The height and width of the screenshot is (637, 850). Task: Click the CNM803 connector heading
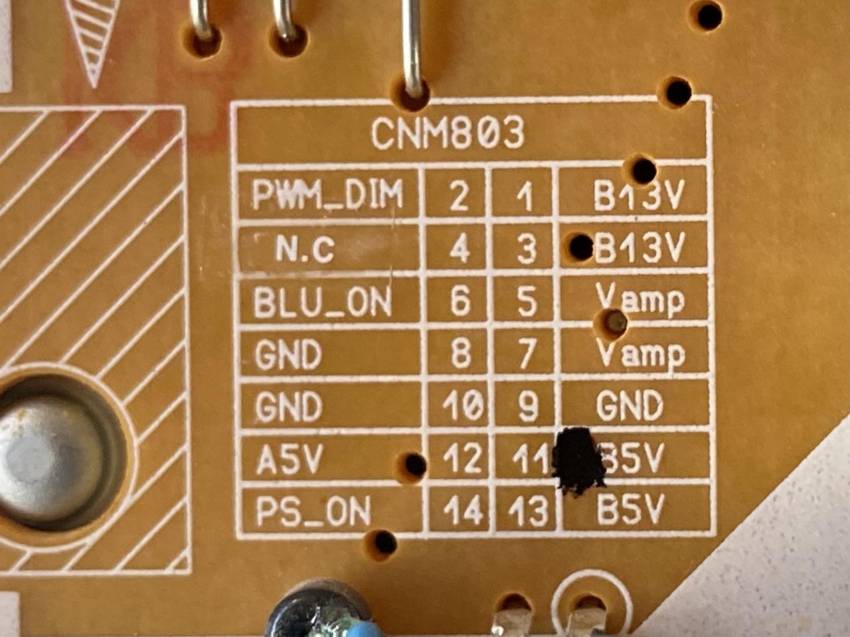[x=448, y=133]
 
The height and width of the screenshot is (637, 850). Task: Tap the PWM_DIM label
[x=328, y=195]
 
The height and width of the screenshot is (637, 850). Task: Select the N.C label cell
[x=305, y=251]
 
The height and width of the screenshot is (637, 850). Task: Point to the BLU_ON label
[x=323, y=303]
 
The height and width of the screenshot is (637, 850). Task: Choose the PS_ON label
[x=313, y=512]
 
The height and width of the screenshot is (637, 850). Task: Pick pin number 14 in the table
[x=462, y=512]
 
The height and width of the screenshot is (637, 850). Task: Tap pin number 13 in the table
[x=529, y=512]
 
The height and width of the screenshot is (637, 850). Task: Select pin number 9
[x=528, y=407]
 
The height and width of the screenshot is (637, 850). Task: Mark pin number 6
[x=460, y=303]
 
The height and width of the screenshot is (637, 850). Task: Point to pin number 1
[x=525, y=197]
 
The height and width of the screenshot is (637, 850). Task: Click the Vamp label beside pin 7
[x=640, y=354]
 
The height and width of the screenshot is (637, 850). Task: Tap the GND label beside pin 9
[x=630, y=406]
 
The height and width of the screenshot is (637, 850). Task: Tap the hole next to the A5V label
[x=415, y=464]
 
